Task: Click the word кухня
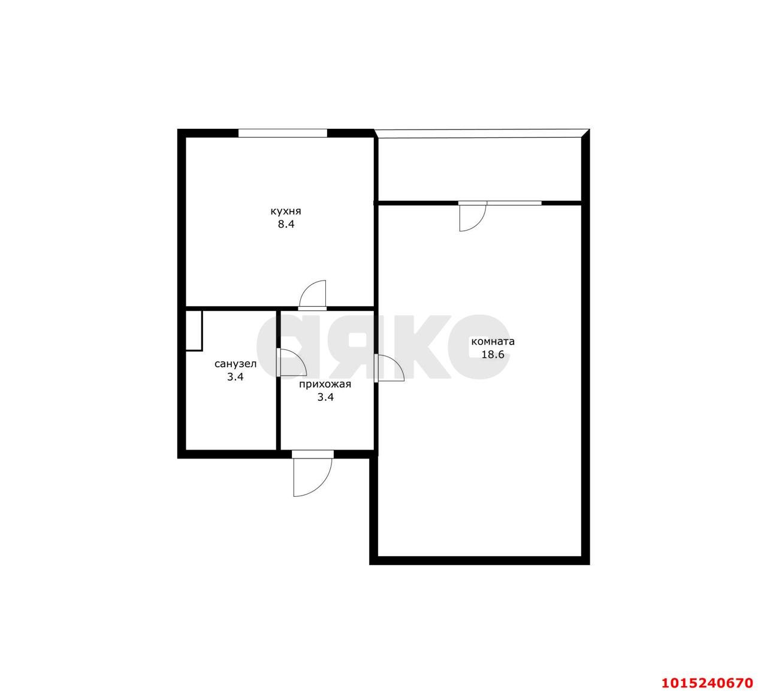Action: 286,212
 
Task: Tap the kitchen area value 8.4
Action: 286,224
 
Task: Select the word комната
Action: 493,341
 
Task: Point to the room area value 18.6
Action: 493,355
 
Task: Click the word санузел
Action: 235,364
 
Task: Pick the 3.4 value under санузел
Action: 235,377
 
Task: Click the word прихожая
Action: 325,385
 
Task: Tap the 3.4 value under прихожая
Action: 325,397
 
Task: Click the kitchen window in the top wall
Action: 283,133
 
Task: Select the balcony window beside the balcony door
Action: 514,203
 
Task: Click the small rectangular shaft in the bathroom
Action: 194,331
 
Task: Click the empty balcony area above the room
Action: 479,169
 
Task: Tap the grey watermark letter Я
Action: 367,346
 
